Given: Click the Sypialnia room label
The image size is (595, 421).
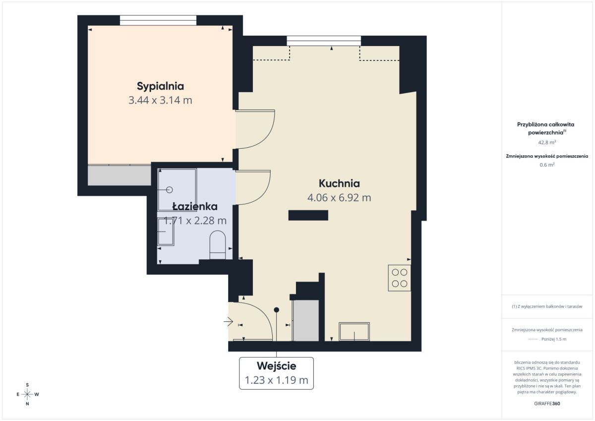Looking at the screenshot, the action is [x=161, y=86].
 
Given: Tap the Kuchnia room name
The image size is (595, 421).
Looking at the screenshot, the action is [x=339, y=183].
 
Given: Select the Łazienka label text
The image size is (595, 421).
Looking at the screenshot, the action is [x=195, y=206].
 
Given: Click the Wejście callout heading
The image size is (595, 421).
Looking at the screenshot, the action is [x=276, y=366].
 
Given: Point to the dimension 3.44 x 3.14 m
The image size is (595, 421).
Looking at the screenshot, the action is [x=161, y=100].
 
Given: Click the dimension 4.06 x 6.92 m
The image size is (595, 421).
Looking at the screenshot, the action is [x=339, y=198].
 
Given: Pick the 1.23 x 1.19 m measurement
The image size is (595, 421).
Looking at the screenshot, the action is [x=276, y=380].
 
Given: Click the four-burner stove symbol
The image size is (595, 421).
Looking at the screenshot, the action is [x=400, y=278].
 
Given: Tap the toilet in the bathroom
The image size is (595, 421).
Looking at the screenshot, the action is [x=218, y=245].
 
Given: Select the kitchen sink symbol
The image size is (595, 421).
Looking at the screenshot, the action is [x=354, y=331].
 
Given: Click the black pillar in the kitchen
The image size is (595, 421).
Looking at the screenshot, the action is [x=308, y=215].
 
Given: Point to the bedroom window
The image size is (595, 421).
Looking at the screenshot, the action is [x=158, y=20].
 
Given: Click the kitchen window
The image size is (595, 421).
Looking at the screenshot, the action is [x=324, y=41].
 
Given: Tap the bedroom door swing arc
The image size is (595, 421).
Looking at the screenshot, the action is [x=268, y=137].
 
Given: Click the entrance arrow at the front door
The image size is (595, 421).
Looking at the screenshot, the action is [x=228, y=322].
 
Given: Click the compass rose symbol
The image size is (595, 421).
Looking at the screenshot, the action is [x=27, y=394].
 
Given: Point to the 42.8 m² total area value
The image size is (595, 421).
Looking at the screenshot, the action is [x=547, y=142].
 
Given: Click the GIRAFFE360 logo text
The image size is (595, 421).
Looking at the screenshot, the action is [x=547, y=404].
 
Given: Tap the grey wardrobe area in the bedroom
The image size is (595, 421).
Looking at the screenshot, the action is [x=119, y=176].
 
